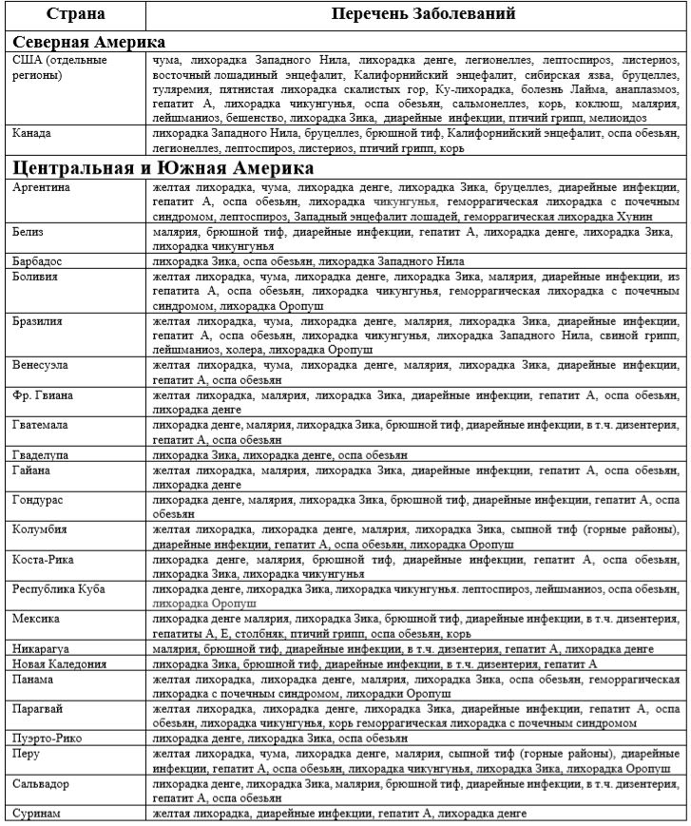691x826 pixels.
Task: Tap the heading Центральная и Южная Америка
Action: click(x=163, y=167)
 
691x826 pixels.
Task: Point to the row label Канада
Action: click(x=33, y=134)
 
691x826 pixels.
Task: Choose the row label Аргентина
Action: click(x=41, y=187)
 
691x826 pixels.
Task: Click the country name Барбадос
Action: click(x=39, y=259)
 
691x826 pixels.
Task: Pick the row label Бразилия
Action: click(x=38, y=320)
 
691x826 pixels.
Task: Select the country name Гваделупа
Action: click(x=41, y=454)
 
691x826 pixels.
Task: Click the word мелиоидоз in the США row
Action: click(x=616, y=117)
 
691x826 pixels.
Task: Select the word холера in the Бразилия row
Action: click(x=255, y=350)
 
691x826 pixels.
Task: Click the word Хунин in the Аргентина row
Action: click(x=658, y=216)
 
